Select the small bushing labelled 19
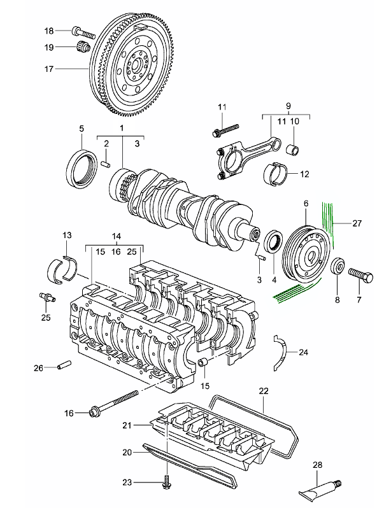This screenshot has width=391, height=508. coord(83,46)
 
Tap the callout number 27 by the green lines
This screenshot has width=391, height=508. coord(357,223)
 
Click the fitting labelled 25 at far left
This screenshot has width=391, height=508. coord(46,296)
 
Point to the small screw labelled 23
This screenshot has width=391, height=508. coord(167,484)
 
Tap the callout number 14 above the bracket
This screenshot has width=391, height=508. coord(116,234)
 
